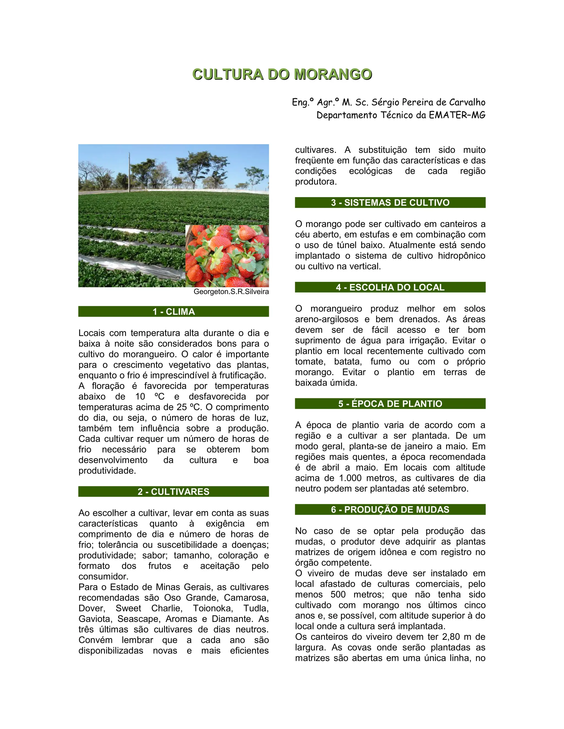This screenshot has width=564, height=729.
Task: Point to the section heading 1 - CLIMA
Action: (173, 311)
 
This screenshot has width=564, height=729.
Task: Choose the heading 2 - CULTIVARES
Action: (173, 492)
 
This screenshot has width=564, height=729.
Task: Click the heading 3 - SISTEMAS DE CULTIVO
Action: (390, 203)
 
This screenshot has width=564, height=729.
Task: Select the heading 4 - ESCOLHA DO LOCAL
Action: (390, 287)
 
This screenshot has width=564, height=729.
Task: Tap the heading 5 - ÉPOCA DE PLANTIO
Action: (390, 404)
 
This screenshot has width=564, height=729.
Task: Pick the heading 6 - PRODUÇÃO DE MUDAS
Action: (390, 510)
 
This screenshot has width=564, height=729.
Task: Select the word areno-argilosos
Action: (326, 319)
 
